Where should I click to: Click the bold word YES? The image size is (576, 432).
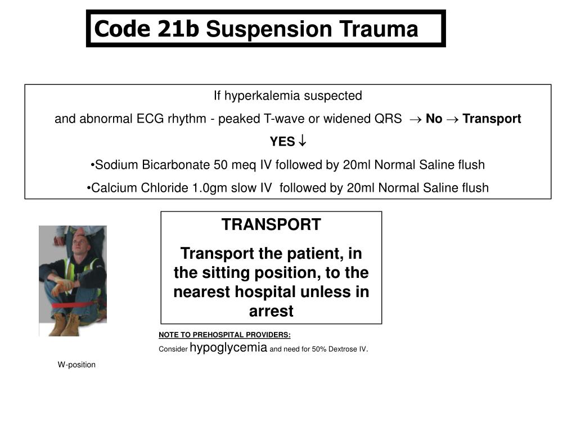click(282, 142)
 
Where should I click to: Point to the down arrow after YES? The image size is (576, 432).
click(302, 141)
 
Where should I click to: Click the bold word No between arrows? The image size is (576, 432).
click(434, 119)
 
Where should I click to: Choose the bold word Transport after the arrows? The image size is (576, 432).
click(492, 119)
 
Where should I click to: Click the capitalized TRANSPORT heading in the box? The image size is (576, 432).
click(271, 224)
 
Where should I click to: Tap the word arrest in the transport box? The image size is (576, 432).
click(271, 311)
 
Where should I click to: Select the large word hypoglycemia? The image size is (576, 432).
click(228, 348)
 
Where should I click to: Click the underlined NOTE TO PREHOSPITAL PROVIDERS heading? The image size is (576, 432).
click(224, 335)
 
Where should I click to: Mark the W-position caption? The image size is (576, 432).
click(76, 364)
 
